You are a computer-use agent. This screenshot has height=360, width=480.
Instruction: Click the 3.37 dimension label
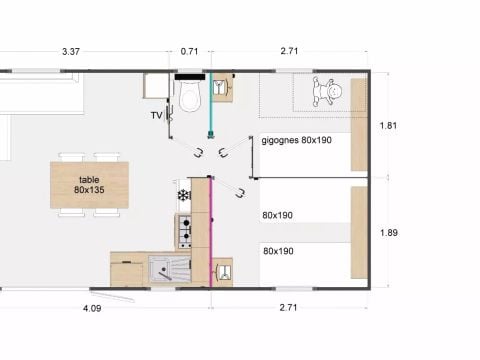tap(71, 52)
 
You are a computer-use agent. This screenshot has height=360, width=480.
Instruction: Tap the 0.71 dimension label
tap(189, 51)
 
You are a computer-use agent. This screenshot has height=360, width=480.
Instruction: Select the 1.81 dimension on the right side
tap(388, 126)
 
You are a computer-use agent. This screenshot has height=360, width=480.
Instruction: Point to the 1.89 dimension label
tap(389, 232)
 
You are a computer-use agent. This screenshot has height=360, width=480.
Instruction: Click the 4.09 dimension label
tap(92, 308)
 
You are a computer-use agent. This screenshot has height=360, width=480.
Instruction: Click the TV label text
tap(156, 115)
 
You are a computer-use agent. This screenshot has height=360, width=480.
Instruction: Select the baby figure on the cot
tap(327, 91)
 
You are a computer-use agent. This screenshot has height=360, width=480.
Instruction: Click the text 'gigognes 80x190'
tap(296, 140)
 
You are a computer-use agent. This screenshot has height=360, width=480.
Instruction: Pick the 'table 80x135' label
tap(89, 185)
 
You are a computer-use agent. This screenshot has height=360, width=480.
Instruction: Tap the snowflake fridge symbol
tap(183, 195)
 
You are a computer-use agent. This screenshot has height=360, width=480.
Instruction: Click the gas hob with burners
tap(185, 231)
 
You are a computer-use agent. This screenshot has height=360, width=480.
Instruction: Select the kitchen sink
tap(170, 269)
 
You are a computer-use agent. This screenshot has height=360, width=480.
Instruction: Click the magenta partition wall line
tap(210, 232)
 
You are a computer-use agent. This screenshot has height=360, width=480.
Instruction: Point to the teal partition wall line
tap(210, 103)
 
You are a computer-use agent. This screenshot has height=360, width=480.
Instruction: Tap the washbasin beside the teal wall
tap(221, 87)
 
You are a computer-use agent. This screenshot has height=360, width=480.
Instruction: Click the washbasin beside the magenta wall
tap(224, 272)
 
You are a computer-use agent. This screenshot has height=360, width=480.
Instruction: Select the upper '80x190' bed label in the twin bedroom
tap(277, 215)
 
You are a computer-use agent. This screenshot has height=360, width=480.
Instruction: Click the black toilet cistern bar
tap(190, 77)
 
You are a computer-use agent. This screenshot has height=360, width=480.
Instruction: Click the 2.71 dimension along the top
tap(289, 51)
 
